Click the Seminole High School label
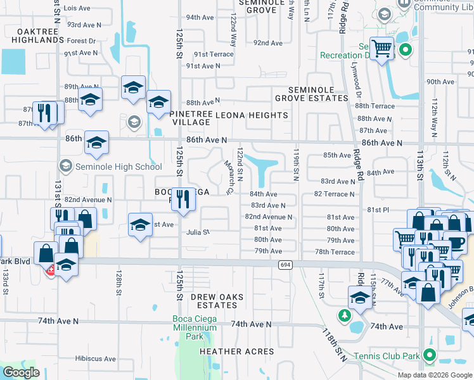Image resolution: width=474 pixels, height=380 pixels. [118, 167]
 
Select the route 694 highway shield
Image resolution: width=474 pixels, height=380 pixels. [285, 266]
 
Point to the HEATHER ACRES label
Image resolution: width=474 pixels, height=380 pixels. [236, 351]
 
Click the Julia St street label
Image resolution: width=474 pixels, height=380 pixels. [198, 232]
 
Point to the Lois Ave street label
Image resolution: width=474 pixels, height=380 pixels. [78, 8]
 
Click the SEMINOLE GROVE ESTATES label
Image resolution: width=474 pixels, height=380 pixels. [311, 94]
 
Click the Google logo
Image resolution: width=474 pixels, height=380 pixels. [21, 372]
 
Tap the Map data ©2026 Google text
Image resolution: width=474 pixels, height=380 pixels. [434, 375]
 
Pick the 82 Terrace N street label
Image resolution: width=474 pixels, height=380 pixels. [334, 194]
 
